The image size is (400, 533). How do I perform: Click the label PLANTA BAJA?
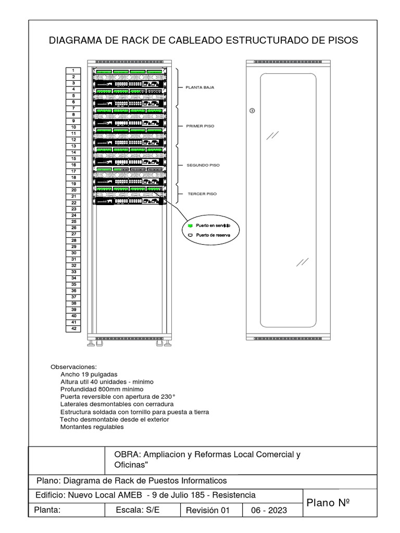tap(200, 87)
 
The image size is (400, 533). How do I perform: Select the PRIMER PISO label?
tap(200, 126)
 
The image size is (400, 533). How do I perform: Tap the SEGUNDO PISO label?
tap(203, 165)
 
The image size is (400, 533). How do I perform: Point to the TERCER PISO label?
tap(202, 194)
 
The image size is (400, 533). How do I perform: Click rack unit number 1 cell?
tap(73, 70)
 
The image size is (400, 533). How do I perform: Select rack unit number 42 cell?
tap(73, 329)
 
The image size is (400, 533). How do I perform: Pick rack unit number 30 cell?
tap(73, 253)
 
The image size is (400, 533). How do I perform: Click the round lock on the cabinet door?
tap(252, 110)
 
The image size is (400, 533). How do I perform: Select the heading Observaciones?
tap(73, 367)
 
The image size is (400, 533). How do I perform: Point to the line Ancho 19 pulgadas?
tap(89, 374)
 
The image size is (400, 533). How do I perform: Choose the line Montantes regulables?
tap(92, 427)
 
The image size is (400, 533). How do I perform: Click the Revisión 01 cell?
tap(207, 511)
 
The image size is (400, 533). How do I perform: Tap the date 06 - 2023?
tap(269, 511)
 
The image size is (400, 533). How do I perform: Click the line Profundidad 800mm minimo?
tap(102, 389)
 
